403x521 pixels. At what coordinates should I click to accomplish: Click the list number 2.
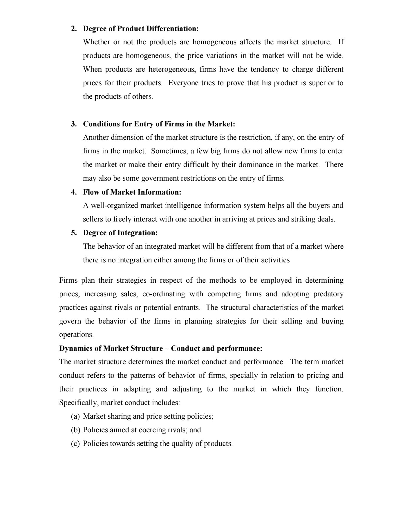[x=74, y=29]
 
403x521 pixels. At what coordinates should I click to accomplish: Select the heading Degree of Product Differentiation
[x=141, y=29]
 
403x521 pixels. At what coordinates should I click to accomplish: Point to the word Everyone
[x=182, y=83]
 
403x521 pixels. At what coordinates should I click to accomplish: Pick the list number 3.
[x=74, y=124]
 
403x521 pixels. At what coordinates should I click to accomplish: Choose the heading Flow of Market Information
[x=132, y=192]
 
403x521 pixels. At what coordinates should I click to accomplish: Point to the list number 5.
[x=74, y=233]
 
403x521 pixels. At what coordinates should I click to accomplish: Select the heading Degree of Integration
[x=120, y=233]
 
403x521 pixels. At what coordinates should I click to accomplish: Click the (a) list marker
[x=75, y=416]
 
